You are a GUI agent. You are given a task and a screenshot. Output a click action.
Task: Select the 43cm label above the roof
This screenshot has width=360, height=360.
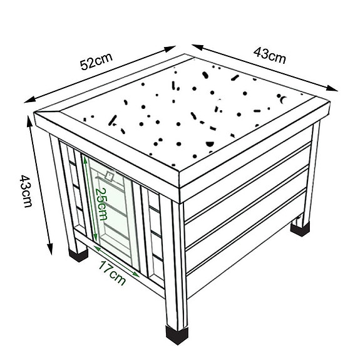coord(270,55)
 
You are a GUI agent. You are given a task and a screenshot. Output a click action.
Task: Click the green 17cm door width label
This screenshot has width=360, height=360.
coord(113,273)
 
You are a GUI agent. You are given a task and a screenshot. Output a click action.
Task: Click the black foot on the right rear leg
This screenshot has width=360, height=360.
coord(300,227)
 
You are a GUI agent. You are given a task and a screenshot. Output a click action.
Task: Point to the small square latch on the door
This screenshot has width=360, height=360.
coord(110,177)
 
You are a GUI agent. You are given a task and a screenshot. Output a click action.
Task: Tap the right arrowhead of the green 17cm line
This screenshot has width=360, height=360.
coord(139,274)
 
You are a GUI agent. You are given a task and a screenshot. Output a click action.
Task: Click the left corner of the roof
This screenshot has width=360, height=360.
coord(34,115)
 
